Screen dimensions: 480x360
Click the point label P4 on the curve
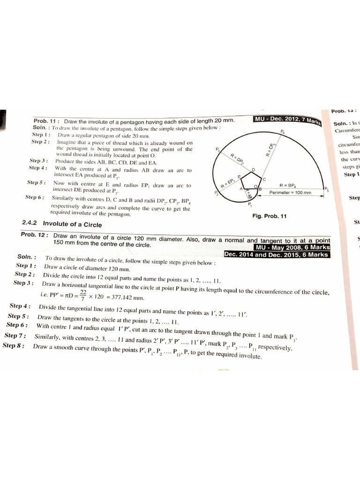pos(282,132)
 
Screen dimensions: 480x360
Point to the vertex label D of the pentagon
pos(254,169)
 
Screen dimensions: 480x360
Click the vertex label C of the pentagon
pos(264,180)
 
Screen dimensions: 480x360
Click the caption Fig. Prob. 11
pos(269,216)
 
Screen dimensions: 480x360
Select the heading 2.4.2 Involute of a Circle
pos(62,225)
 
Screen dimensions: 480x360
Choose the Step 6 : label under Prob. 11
pos(35,197)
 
